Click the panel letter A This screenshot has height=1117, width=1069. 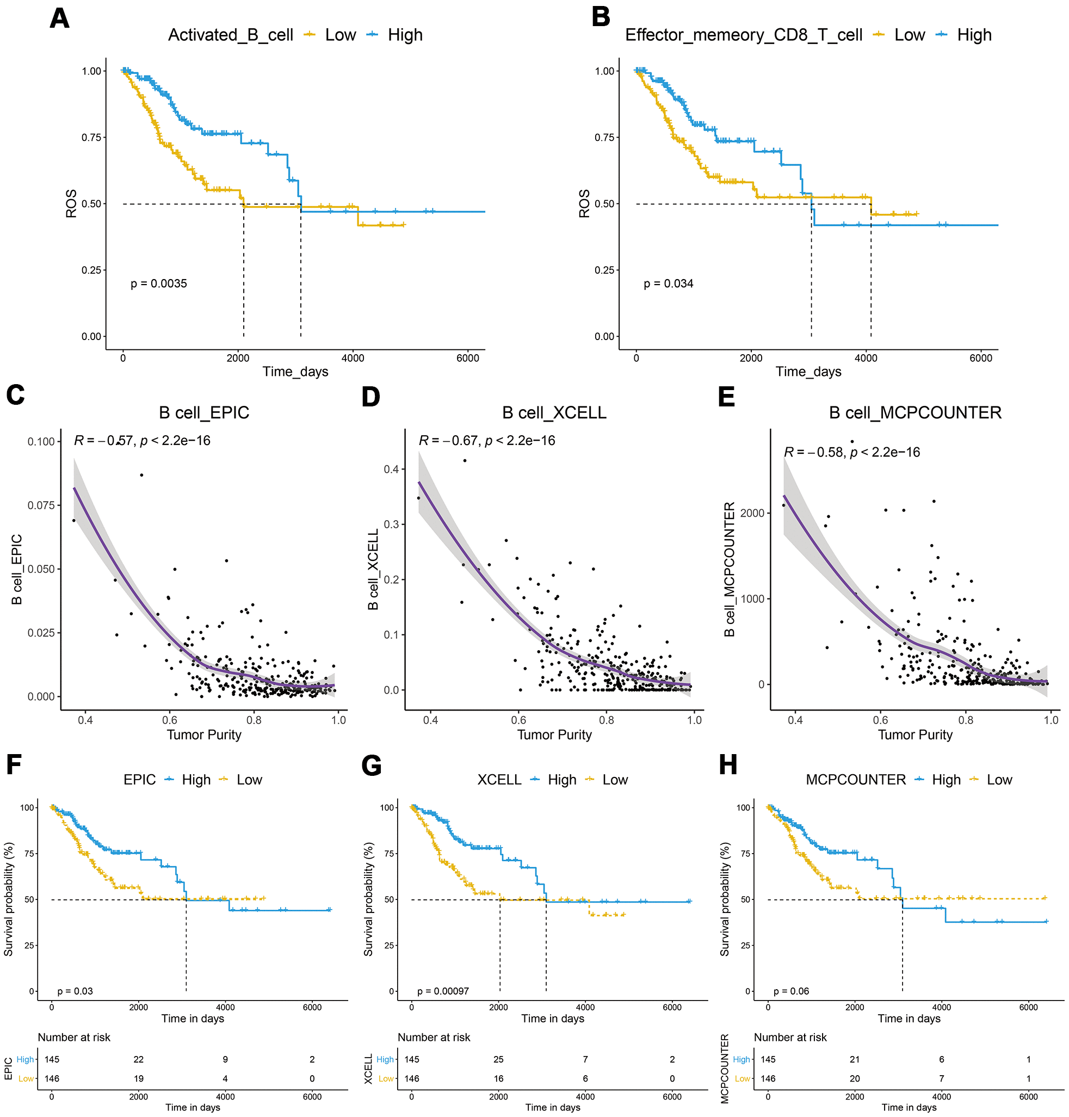59,18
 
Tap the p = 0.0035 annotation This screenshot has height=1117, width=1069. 158,284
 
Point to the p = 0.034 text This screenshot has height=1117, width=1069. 669,284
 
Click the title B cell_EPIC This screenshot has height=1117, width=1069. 204,412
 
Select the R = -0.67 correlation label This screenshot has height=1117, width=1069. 487,441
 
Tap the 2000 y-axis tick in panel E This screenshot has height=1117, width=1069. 752,513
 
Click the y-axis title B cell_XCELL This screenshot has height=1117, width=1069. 373,569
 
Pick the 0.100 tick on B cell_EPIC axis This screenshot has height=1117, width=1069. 41,442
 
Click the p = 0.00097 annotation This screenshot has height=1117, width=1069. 443,991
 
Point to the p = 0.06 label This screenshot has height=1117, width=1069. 792,991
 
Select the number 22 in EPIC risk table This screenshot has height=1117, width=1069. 139,1059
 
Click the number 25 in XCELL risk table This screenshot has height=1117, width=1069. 499,1059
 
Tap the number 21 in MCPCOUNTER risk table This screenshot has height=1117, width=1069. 855,1059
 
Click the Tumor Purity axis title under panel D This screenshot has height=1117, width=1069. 554,735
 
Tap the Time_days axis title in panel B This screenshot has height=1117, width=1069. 808,372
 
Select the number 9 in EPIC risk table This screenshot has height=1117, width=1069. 226,1059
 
